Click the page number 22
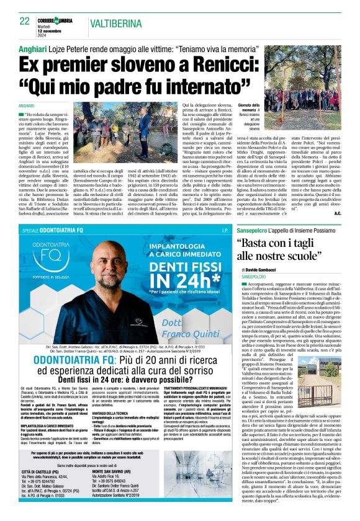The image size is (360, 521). (x=25, y=21)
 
